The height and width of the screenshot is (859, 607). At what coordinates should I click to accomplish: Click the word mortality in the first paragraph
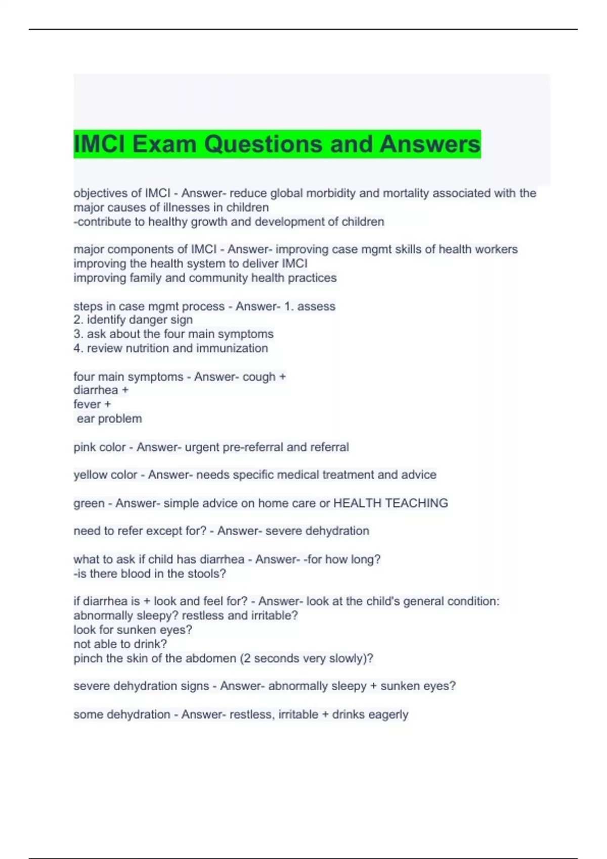[395, 193]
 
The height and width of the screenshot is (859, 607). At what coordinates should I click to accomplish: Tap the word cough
[259, 377]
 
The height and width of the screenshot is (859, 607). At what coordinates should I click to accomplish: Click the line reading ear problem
[109, 419]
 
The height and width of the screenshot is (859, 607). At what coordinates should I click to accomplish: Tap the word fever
[87, 404]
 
